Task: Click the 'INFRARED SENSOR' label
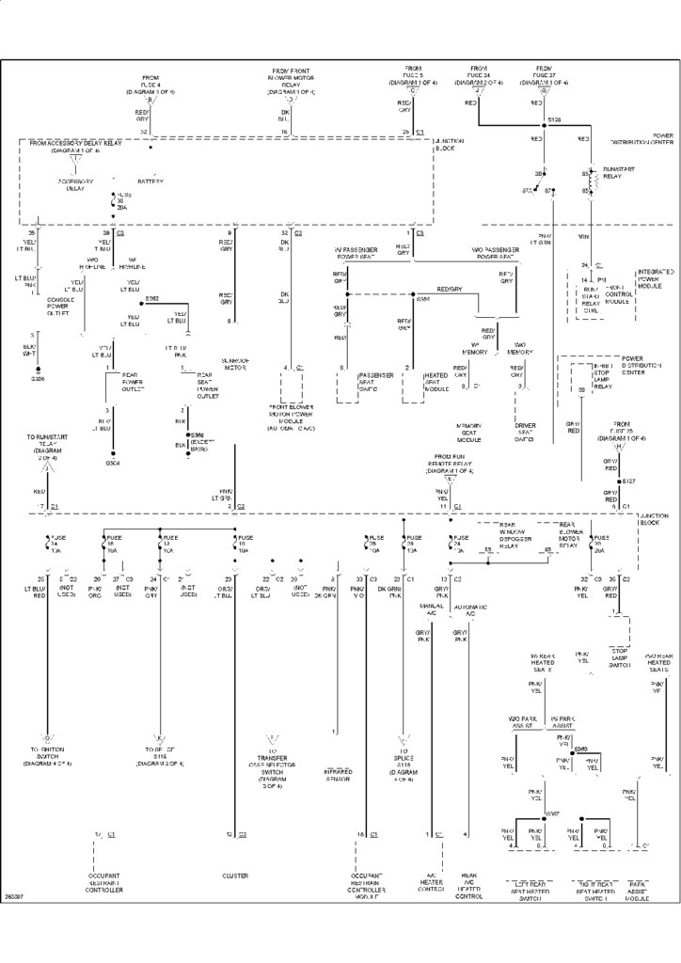point(336,775)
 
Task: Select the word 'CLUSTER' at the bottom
point(235,876)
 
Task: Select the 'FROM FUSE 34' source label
point(479,75)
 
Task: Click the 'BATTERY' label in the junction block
point(150,180)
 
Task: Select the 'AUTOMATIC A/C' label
point(470,611)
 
